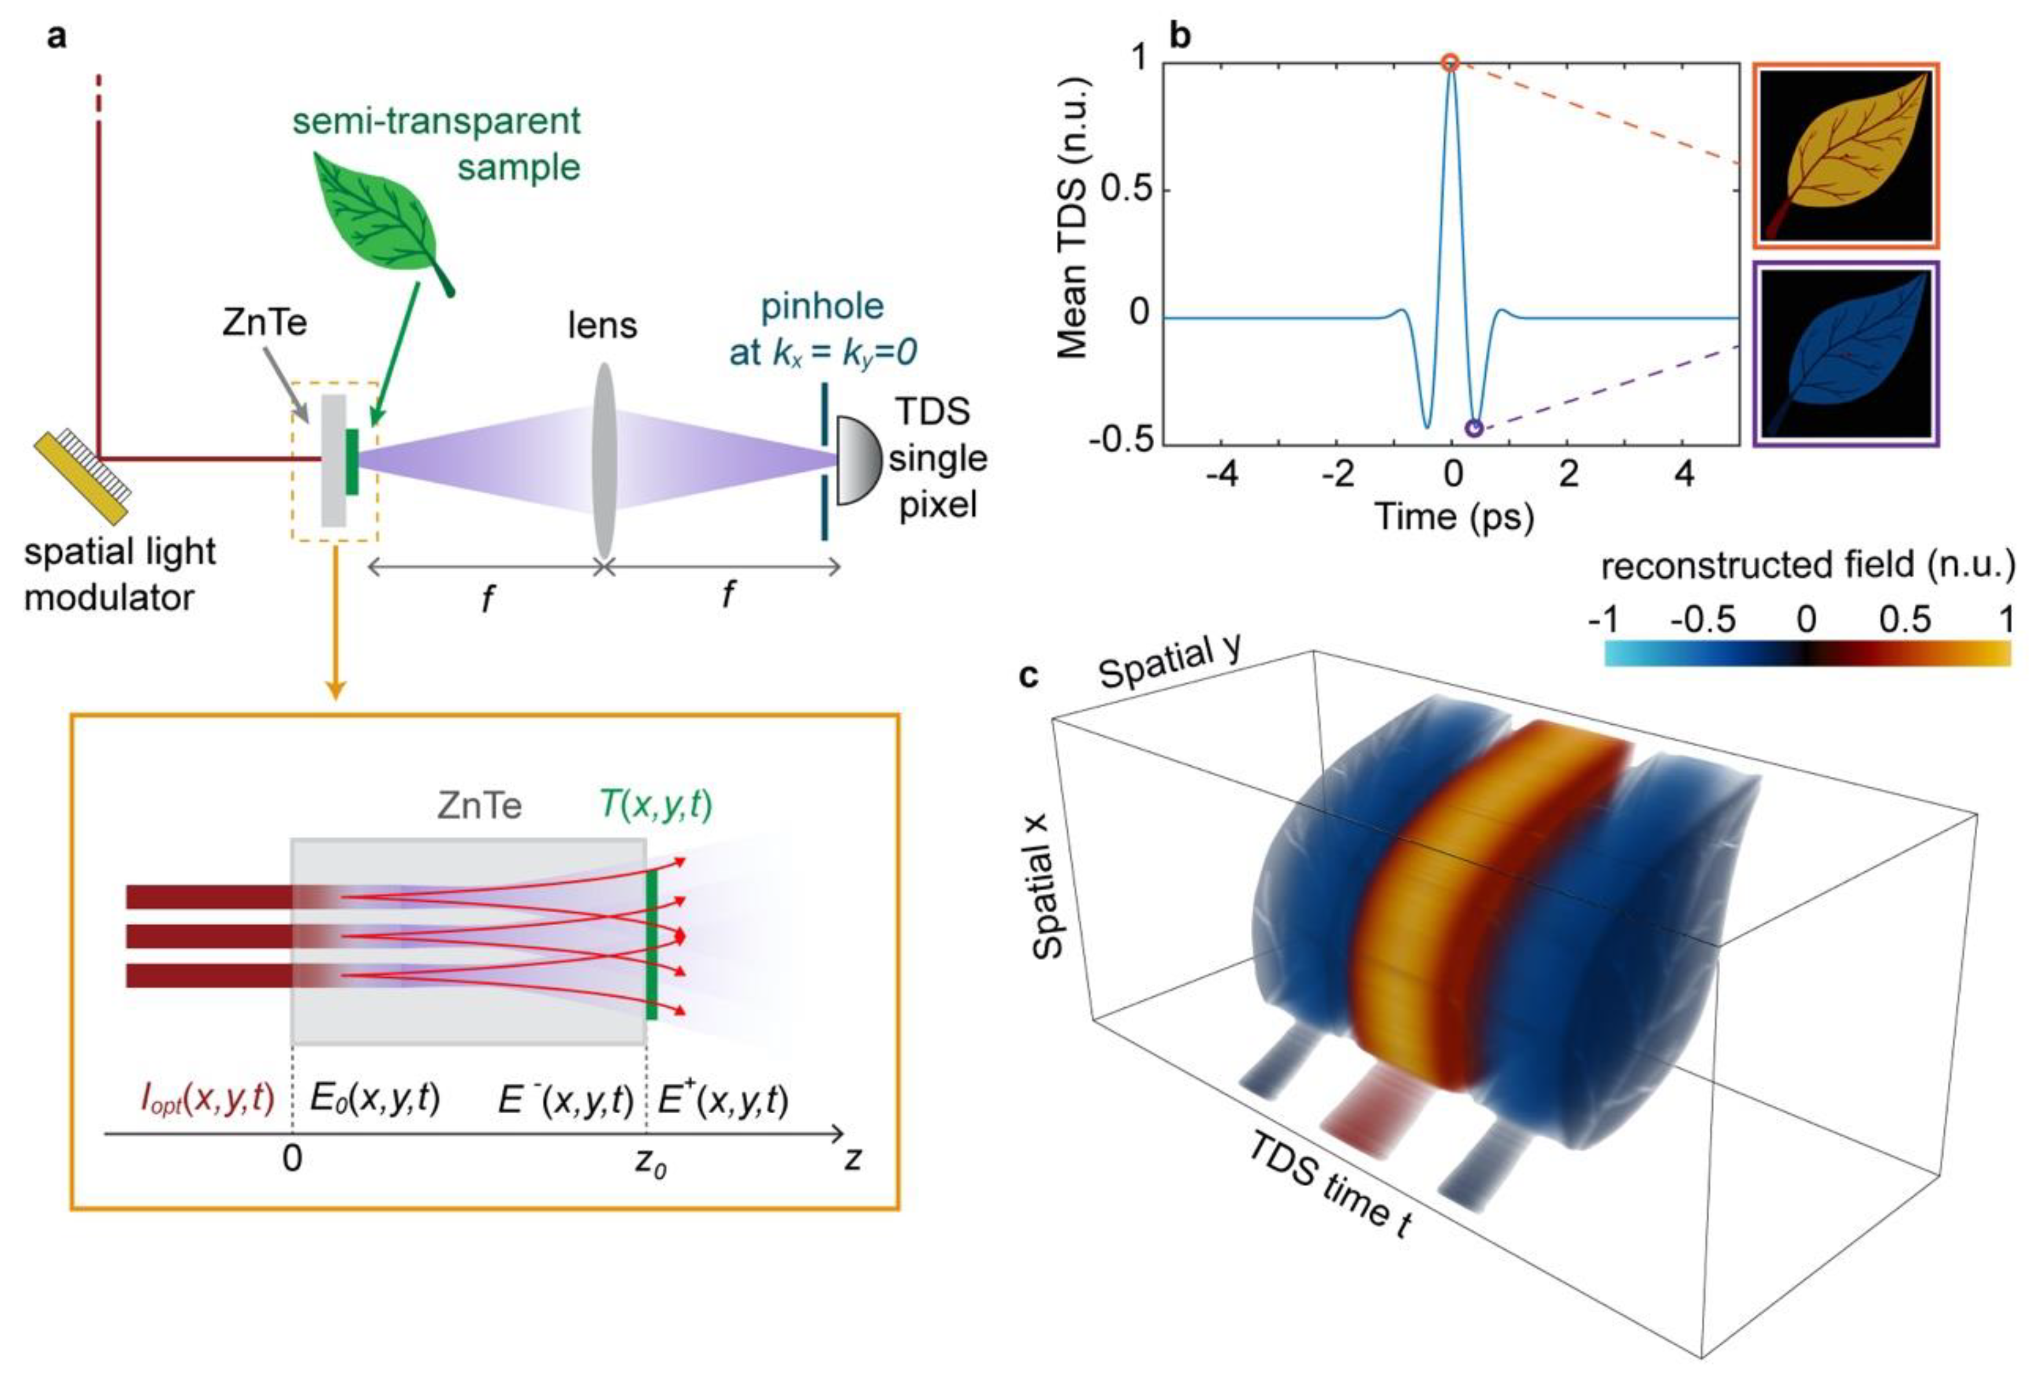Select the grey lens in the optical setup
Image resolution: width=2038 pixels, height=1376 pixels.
603,460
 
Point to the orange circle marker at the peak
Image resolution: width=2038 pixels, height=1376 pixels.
1451,63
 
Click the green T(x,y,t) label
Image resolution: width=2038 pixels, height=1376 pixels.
656,804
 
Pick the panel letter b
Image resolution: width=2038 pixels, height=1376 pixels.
1181,37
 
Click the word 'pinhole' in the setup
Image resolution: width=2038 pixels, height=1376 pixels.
822,307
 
